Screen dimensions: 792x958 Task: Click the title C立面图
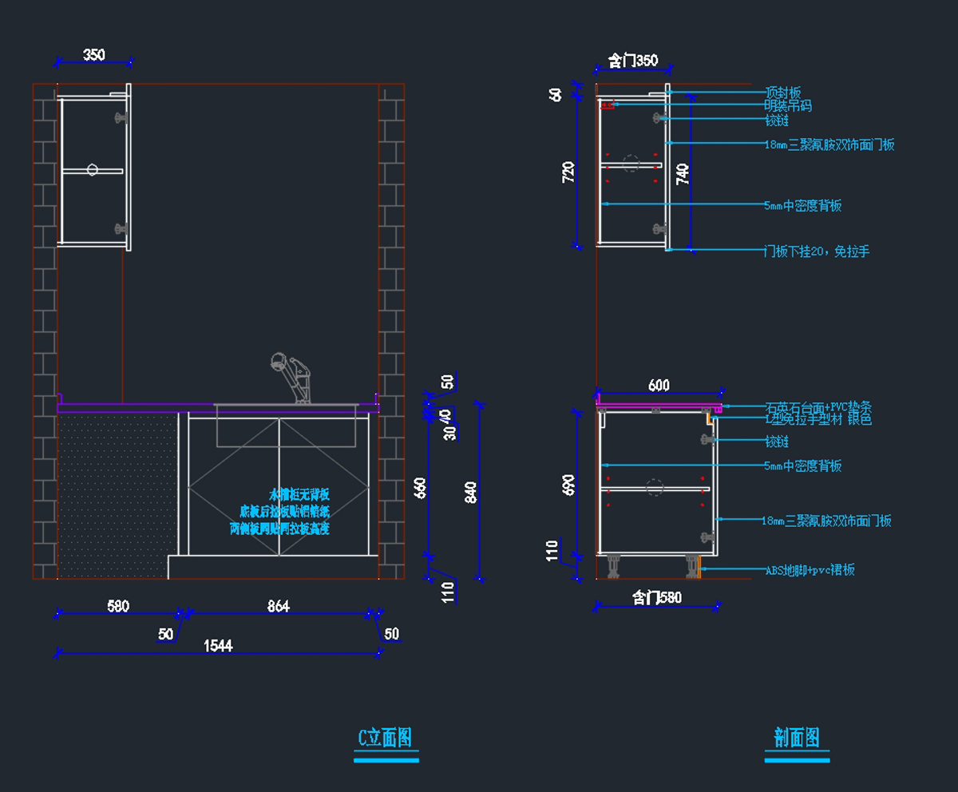[x=386, y=738]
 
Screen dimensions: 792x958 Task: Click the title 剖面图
[x=797, y=738]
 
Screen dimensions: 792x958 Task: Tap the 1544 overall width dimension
[x=218, y=646]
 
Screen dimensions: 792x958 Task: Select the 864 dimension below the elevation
[x=278, y=607]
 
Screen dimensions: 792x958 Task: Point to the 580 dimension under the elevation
[x=118, y=607]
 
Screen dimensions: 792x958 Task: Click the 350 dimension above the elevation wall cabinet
[x=94, y=55]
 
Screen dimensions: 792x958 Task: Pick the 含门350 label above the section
[x=633, y=61]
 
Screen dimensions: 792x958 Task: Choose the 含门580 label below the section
[x=657, y=597]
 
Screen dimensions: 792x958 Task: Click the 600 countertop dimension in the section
[x=659, y=386]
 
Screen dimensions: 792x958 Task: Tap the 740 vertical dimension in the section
[x=683, y=173]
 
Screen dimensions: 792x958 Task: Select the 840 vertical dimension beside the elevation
[x=470, y=493]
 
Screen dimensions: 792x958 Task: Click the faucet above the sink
[x=294, y=375]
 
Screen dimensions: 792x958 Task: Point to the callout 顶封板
[x=782, y=93]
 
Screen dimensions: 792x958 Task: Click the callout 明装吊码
[x=787, y=105]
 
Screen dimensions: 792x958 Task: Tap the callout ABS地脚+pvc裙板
[x=810, y=570]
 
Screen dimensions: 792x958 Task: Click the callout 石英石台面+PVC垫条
[x=817, y=407]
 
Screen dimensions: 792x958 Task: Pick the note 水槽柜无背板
[x=299, y=494]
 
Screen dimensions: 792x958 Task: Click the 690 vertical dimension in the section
[x=569, y=485]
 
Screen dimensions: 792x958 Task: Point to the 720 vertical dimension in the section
[x=569, y=172]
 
